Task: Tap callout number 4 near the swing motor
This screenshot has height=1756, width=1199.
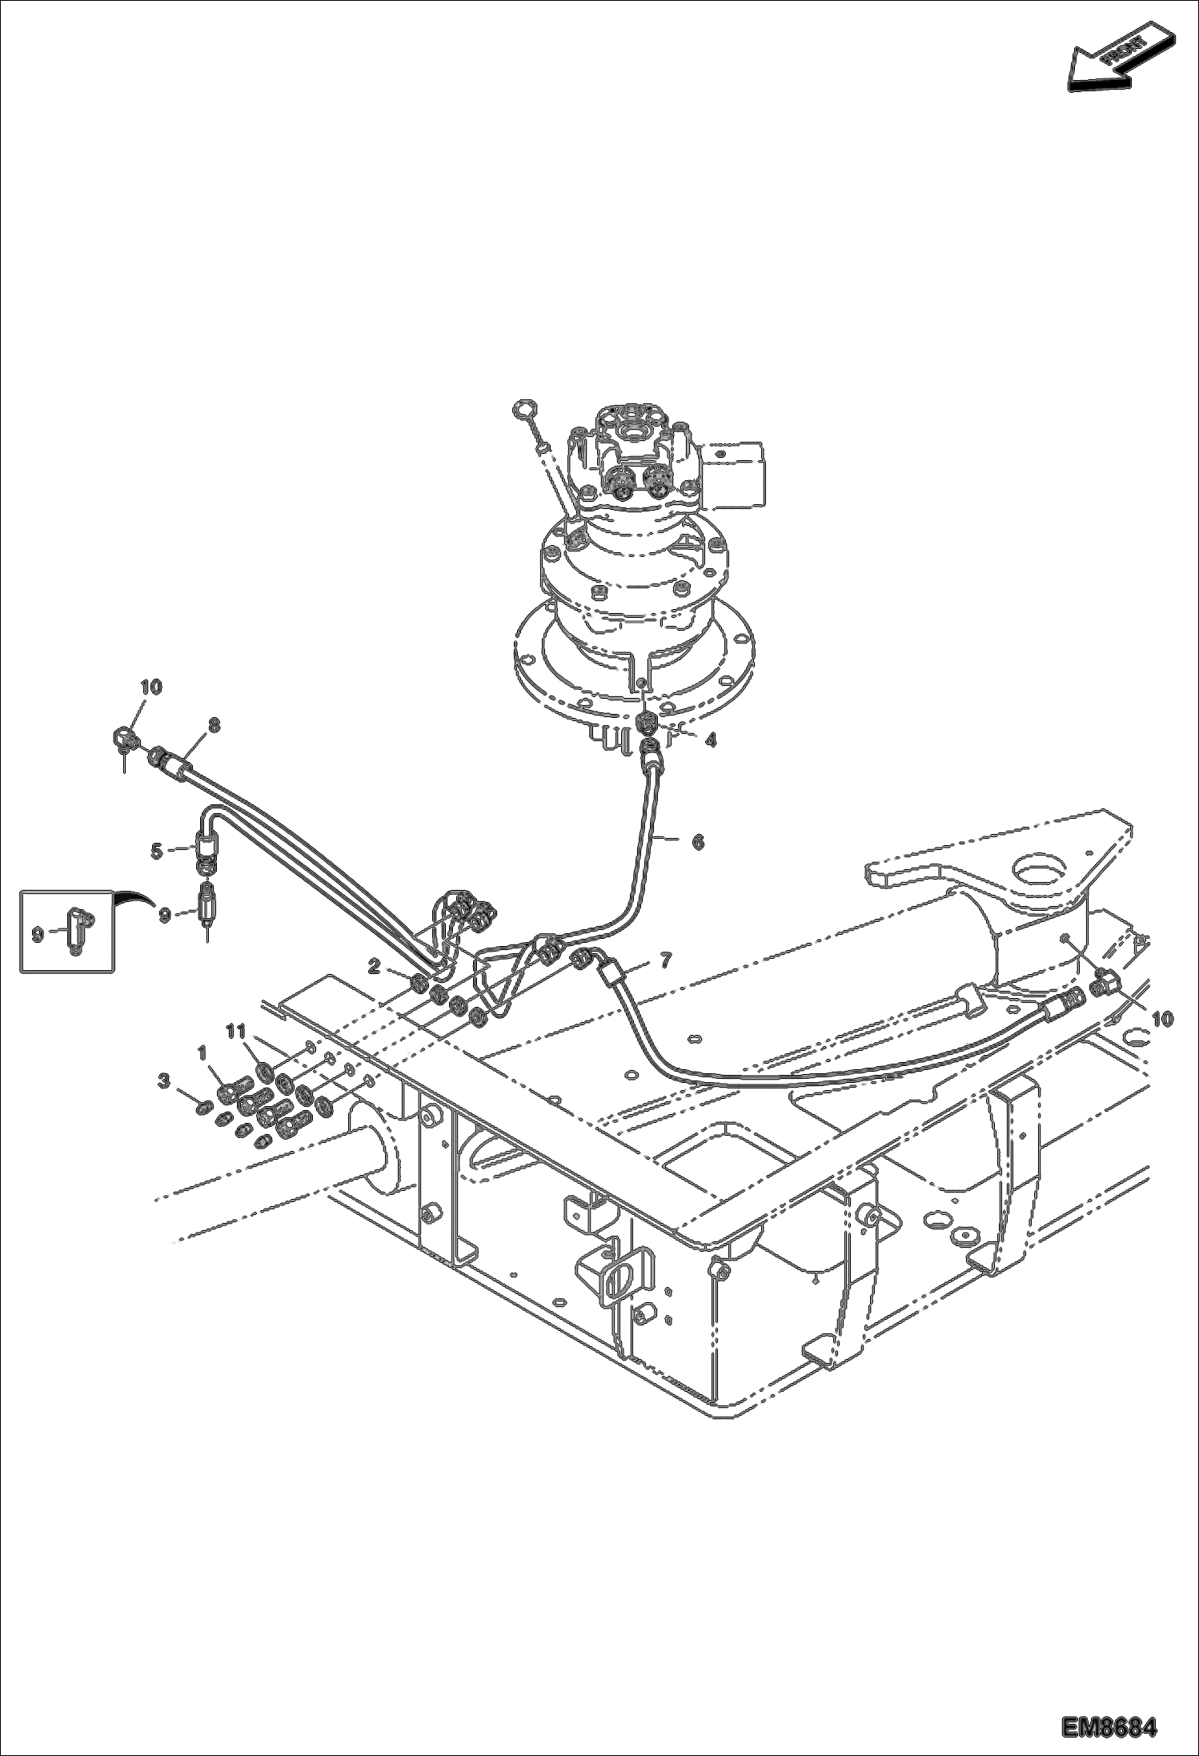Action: (710, 741)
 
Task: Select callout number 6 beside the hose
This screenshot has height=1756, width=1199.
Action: (698, 842)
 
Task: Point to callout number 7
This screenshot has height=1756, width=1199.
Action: (666, 959)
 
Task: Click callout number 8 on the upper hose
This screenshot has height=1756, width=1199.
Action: (214, 724)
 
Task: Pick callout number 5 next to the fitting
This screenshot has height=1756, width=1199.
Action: (157, 852)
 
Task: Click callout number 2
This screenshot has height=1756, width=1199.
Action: (373, 967)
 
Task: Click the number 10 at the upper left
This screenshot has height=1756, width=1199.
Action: (151, 687)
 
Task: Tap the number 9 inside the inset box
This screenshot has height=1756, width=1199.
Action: (37, 934)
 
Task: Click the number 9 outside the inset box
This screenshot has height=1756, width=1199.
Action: (164, 915)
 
